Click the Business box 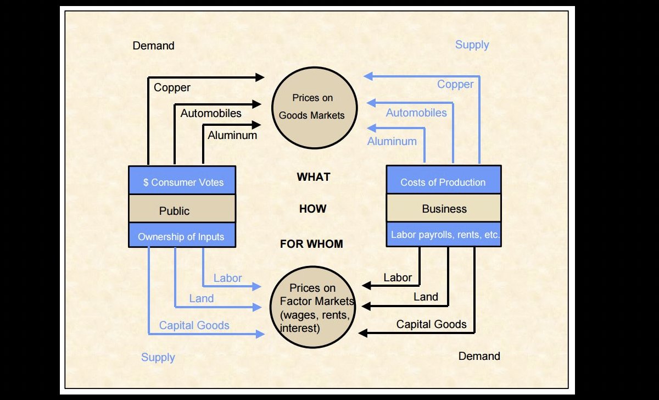pyautogui.click(x=443, y=208)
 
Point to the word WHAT pyautogui.click(x=314, y=177)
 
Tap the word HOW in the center pyautogui.click(x=312, y=209)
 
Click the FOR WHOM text pyautogui.click(x=311, y=244)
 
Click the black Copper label pyautogui.click(x=172, y=87)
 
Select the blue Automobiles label pyautogui.click(x=416, y=113)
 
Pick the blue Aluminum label pyautogui.click(x=392, y=141)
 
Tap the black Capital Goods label pyautogui.click(x=432, y=324)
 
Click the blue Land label pyautogui.click(x=202, y=298)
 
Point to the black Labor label pyautogui.click(x=398, y=277)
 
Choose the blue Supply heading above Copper pyautogui.click(x=472, y=45)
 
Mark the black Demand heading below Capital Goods pyautogui.click(x=479, y=356)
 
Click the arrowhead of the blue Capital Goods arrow pyautogui.click(x=260, y=334)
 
